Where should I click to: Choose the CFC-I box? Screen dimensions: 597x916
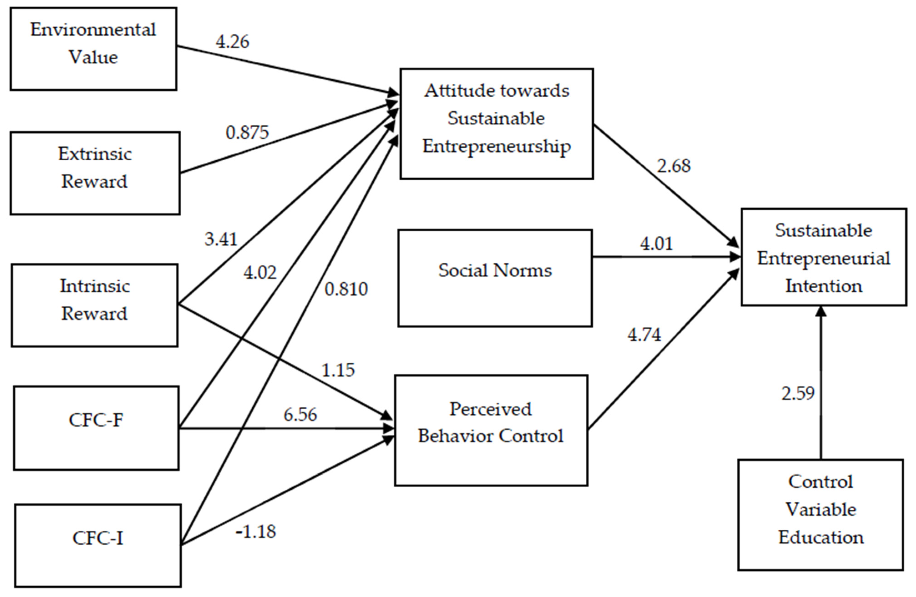tap(98, 545)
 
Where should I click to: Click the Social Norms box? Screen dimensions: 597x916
tap(495, 278)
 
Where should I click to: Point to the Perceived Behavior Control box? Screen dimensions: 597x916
tap(491, 430)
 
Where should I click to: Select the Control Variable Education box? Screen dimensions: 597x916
tap(820, 515)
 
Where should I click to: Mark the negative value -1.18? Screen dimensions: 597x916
tap(256, 531)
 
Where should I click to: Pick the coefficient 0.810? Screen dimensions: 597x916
tap(346, 289)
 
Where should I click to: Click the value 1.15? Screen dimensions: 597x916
tap(338, 370)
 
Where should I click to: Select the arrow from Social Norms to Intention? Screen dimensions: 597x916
tap(666, 257)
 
